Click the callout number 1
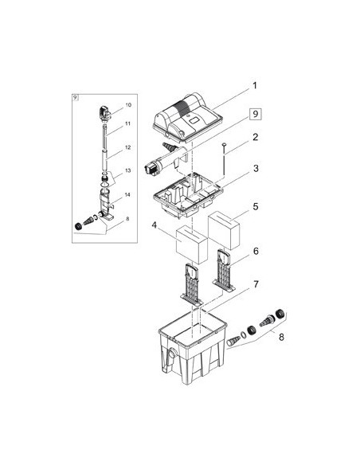(254, 86)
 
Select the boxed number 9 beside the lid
(256, 114)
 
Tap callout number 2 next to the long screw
(255, 137)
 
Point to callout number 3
(256, 169)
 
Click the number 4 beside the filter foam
(155, 225)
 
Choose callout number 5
(256, 206)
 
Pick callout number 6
(256, 251)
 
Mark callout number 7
(256, 284)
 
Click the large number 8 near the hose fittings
(281, 337)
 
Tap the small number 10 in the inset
(128, 105)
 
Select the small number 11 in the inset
(127, 123)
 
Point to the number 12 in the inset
(127, 147)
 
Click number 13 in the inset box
(127, 170)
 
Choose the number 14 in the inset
(127, 195)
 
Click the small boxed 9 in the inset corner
(76, 97)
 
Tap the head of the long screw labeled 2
(224, 144)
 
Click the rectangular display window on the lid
(194, 121)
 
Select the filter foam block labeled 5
(224, 230)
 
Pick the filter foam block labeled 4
(192, 245)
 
